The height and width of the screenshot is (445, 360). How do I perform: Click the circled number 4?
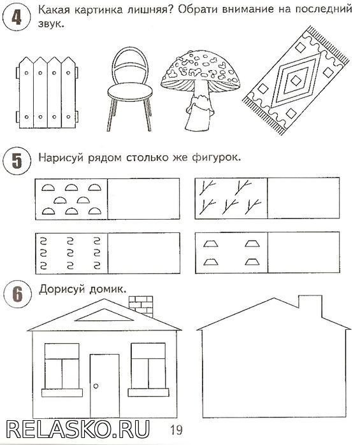[16, 17]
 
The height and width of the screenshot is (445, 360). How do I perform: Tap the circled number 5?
[17, 161]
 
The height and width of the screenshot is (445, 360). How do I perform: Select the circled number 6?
[17, 294]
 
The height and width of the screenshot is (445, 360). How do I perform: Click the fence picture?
[47, 92]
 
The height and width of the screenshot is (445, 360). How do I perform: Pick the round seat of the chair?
[130, 92]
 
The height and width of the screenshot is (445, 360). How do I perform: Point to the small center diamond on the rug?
[296, 80]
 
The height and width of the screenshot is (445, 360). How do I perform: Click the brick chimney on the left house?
[141, 306]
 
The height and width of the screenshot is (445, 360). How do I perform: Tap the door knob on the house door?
[96, 386]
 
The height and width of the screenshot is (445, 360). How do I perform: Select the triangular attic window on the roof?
[104, 315]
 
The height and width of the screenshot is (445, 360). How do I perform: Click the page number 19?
[176, 430]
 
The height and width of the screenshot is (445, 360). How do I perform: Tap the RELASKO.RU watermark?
[78, 429]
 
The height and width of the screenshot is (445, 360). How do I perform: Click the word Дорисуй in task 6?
[62, 290]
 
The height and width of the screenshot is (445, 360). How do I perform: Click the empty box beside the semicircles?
[144, 199]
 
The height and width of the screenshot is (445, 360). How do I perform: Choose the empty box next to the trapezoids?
[304, 253]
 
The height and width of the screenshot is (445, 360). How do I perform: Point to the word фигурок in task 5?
[216, 157]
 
